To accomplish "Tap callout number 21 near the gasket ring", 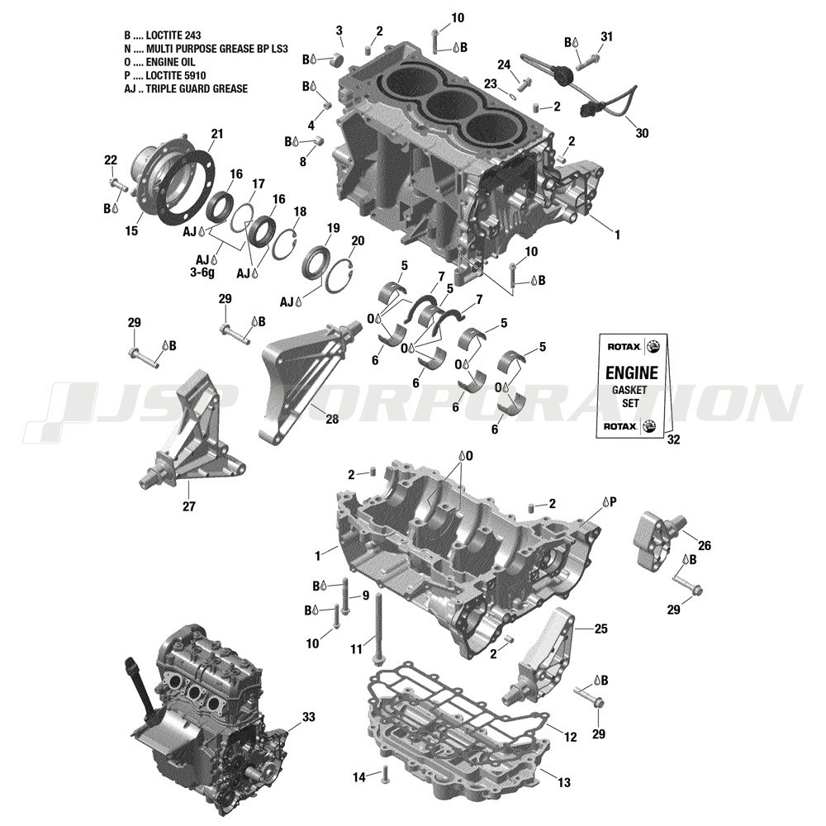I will pyautogui.click(x=217, y=134).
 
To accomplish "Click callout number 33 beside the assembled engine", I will pyautogui.click(x=308, y=717).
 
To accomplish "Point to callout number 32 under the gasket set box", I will pyautogui.click(x=673, y=440).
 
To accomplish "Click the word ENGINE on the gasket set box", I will pyautogui.click(x=634, y=373).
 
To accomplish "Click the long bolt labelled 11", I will pyautogui.click(x=378, y=628).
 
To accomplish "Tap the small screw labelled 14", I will pyautogui.click(x=385, y=775).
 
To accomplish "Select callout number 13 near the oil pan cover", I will pyautogui.click(x=563, y=781).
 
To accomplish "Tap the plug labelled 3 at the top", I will pyautogui.click(x=336, y=59).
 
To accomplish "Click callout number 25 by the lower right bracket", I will pyautogui.click(x=601, y=629).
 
